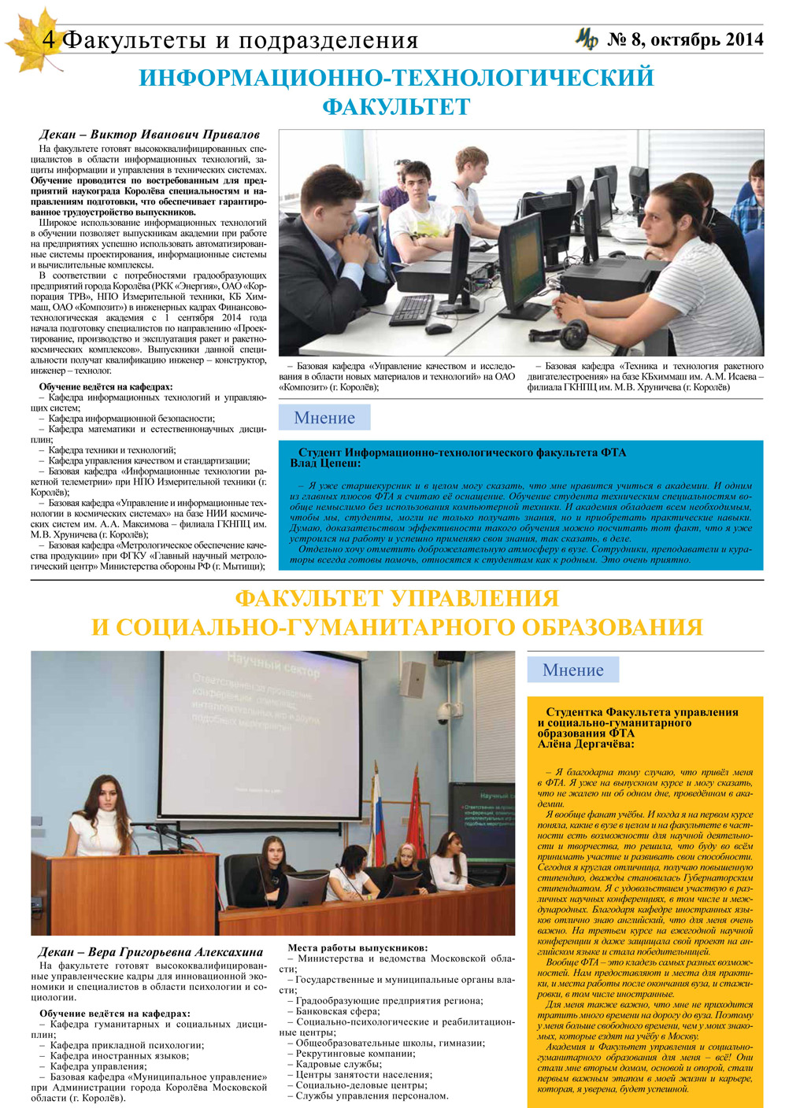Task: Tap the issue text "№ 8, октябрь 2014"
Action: (x=685, y=39)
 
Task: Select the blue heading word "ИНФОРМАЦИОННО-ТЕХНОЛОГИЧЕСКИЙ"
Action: (x=396, y=78)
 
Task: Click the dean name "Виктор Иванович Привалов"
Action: (x=175, y=135)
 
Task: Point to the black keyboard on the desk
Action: (x=412, y=308)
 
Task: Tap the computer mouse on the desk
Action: (x=437, y=328)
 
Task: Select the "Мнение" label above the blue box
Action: (x=324, y=418)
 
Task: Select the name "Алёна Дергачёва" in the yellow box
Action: (x=586, y=744)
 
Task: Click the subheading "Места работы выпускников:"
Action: (x=357, y=948)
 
